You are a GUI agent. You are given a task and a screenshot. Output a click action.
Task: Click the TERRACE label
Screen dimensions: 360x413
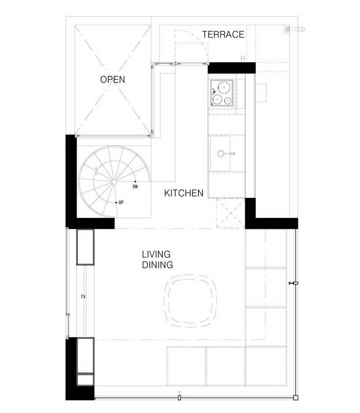(x=223, y=34)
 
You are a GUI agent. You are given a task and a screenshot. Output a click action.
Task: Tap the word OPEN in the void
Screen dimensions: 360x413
(x=113, y=80)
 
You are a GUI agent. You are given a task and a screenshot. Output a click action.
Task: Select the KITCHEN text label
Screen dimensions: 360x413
(x=184, y=193)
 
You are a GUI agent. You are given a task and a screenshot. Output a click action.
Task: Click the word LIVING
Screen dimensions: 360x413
(x=156, y=254)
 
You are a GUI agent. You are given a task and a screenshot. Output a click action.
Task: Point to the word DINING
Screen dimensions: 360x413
(x=158, y=265)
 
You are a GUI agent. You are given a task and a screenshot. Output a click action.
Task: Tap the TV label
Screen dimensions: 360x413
(x=83, y=297)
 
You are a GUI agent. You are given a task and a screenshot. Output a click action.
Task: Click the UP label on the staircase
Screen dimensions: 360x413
(x=121, y=203)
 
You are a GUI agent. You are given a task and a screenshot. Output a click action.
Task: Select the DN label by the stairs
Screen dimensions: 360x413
(x=135, y=187)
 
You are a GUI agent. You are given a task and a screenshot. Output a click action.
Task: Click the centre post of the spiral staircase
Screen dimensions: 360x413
(x=114, y=182)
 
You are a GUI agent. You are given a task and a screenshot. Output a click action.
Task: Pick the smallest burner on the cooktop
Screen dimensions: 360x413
(x=227, y=101)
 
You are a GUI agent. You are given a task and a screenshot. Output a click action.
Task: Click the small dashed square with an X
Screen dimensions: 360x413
(x=231, y=213)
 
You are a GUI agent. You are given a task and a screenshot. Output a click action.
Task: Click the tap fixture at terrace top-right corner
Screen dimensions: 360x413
(x=294, y=29)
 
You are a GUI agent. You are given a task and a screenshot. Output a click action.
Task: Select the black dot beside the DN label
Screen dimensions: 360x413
(x=136, y=181)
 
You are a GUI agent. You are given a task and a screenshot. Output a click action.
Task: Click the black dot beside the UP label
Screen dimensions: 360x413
(x=116, y=203)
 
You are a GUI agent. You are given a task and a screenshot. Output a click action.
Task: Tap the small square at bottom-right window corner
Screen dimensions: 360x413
(x=296, y=398)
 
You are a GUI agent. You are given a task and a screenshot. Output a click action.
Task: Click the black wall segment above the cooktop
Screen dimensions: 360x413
(x=232, y=68)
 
